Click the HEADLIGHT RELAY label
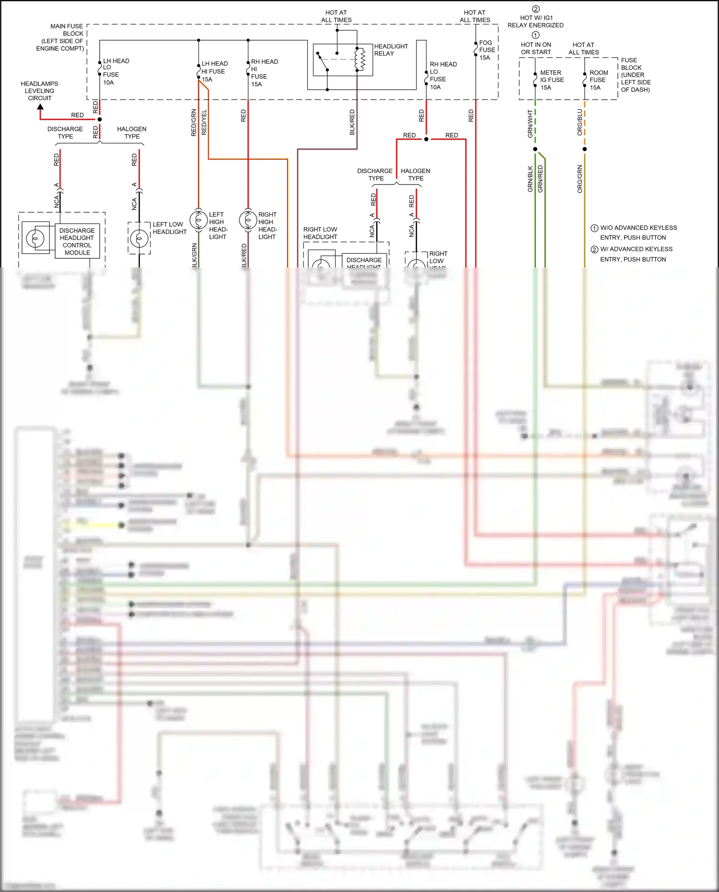pos(391,50)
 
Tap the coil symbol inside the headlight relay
pos(362,59)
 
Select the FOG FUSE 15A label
pos(487,50)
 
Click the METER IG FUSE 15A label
pos(552,80)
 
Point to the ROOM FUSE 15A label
pos(598,80)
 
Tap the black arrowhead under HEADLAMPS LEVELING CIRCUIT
pos(40,107)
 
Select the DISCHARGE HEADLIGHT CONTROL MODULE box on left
pos(77,241)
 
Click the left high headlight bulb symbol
pos(198,220)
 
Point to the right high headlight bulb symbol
pos(248,220)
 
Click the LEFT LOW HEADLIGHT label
pos(169,228)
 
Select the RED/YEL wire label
pos(204,122)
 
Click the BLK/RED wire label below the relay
pos(352,122)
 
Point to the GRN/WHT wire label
pos(530,124)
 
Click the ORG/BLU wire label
pos(580,122)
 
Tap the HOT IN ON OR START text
pos(536,48)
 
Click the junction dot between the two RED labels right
pos(426,139)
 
